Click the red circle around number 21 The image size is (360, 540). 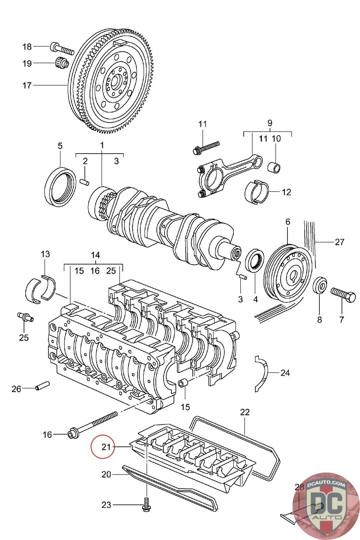(x=102, y=447)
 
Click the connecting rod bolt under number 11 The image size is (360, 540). (x=206, y=147)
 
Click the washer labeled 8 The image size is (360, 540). (x=320, y=286)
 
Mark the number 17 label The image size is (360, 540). (x=27, y=85)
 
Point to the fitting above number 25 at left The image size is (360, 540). (x=25, y=317)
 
